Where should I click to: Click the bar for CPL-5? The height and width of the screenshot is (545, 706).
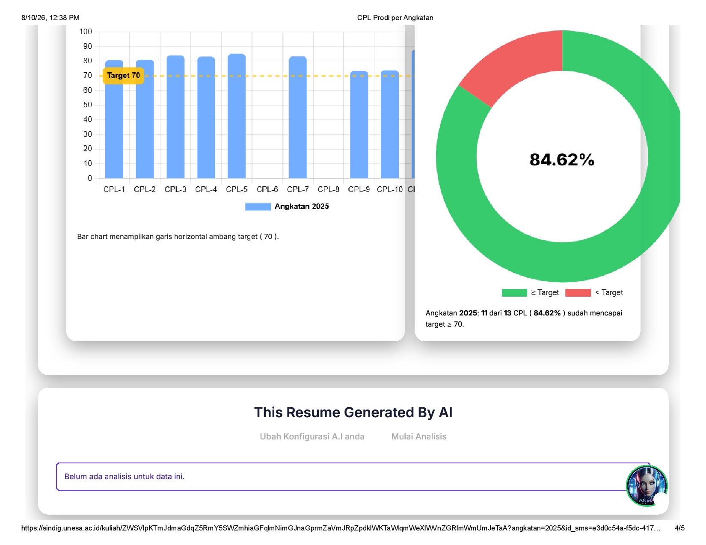[236, 116]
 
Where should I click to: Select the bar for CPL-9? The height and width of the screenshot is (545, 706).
[359, 125]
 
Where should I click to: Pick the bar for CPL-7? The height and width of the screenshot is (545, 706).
[298, 117]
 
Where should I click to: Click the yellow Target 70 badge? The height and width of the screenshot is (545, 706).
[123, 76]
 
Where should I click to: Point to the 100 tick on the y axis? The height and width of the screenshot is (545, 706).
[86, 32]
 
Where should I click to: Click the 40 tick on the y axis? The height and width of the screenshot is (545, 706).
[87, 119]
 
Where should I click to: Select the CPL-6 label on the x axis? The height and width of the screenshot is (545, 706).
[267, 189]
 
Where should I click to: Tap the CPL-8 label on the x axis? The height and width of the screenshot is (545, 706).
[328, 189]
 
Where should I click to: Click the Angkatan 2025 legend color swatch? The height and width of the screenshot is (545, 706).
[258, 207]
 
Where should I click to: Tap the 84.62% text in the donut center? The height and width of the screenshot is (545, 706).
[561, 160]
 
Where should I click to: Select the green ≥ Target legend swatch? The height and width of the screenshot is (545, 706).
[514, 292]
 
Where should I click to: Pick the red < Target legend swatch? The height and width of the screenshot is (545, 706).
[578, 292]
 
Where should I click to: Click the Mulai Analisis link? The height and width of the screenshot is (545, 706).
[418, 436]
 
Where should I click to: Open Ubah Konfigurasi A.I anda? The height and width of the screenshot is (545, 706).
[312, 436]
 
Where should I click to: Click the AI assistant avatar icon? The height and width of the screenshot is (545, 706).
[646, 486]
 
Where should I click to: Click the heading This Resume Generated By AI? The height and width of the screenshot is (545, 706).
[353, 412]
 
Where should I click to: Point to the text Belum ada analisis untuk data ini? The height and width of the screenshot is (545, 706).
[125, 476]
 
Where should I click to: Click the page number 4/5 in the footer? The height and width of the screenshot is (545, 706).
[679, 528]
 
